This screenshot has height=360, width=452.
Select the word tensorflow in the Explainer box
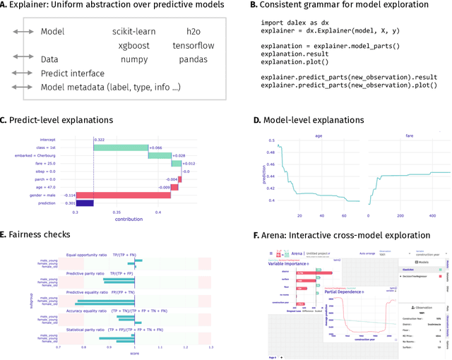[193, 46]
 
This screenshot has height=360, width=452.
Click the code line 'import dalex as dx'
[291, 21]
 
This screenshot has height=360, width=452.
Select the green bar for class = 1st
[120, 148]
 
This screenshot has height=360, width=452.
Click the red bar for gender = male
[119, 194]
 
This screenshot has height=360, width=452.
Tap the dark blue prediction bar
[85, 202]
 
